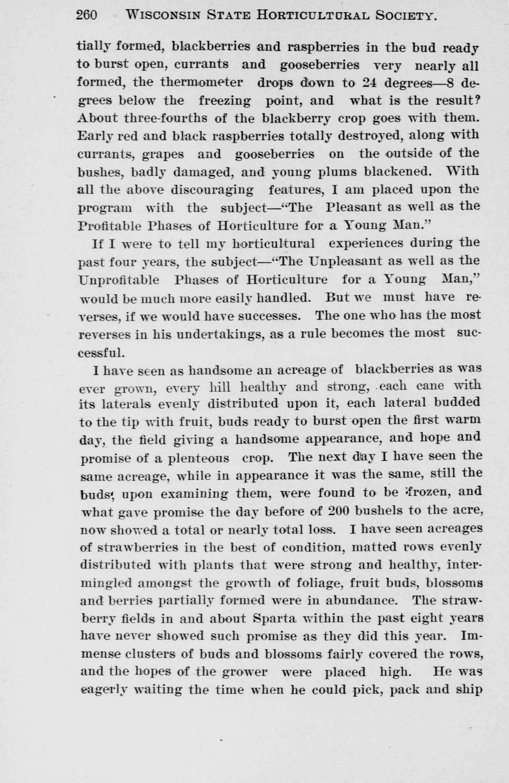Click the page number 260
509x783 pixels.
pos(86,15)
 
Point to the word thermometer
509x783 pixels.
pos(202,82)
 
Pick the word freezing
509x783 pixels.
pos(224,100)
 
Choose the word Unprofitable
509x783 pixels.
pos(119,280)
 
